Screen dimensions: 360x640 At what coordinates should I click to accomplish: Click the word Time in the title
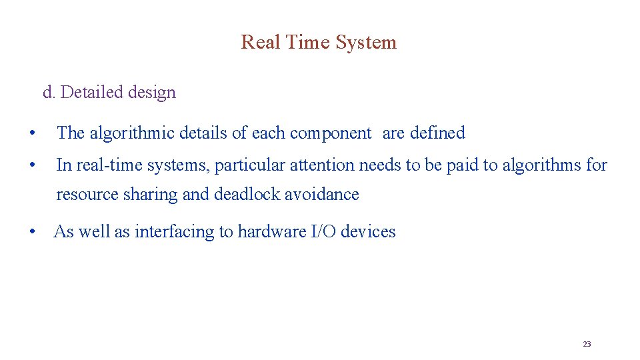point(308,42)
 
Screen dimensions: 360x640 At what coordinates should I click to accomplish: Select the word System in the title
point(366,42)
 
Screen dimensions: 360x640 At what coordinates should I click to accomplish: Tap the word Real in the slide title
point(261,42)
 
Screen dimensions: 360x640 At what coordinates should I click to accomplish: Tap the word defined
point(437,133)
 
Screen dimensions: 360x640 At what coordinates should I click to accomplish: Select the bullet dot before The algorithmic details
point(31,133)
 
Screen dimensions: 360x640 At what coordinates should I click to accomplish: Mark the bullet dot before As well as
point(31,232)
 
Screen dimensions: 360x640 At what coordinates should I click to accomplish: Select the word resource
point(87,194)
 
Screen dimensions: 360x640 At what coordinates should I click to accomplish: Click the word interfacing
point(175,231)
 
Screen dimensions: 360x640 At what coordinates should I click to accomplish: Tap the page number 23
point(587,344)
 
